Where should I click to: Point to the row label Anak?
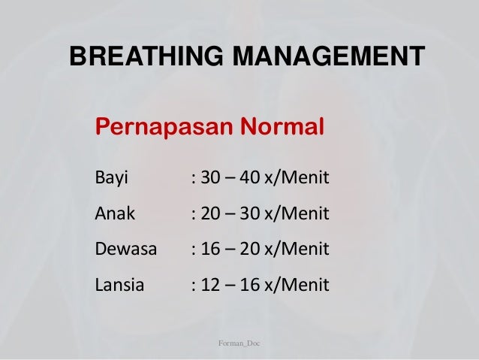tap(115, 215)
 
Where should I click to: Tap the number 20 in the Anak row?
tap(212, 215)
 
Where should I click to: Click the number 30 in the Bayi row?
tap(212, 180)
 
